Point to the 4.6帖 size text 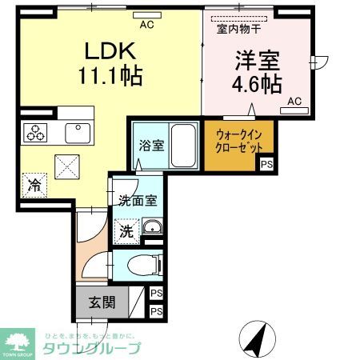(x=256, y=85)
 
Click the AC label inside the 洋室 (x=294, y=101)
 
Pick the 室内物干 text (x=237, y=30)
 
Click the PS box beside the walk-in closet (x=265, y=165)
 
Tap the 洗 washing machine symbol (x=126, y=232)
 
